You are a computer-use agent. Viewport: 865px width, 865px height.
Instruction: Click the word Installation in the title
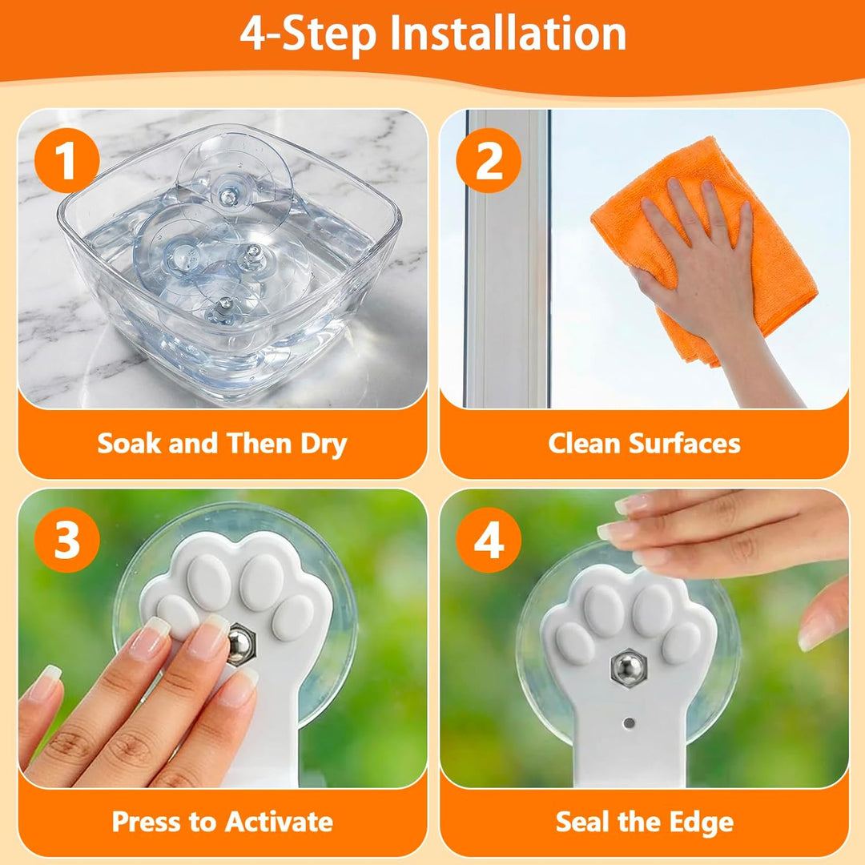508,34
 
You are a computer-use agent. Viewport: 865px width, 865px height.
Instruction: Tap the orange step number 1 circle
66,160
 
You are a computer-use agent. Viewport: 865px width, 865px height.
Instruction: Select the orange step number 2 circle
489,160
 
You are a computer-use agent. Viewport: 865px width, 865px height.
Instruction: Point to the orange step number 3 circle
66,540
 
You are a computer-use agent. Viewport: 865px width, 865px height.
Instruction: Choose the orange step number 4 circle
489,540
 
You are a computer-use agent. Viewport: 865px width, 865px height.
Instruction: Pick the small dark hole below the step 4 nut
629,722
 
